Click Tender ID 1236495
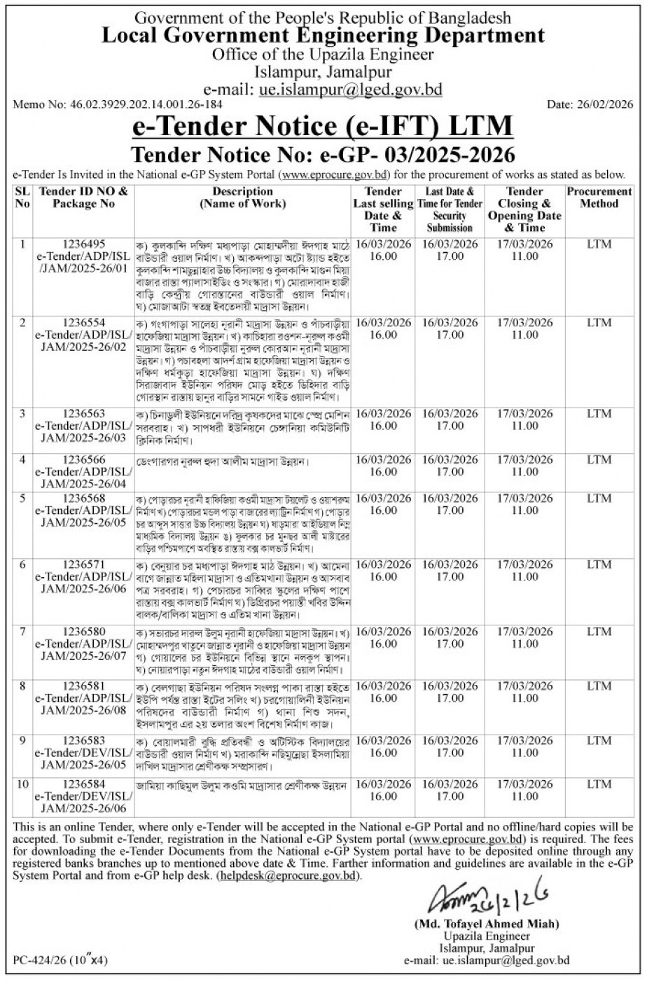pyautogui.click(x=83, y=244)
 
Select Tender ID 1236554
pyautogui.click(x=83, y=323)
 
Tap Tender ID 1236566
pyautogui.click(x=83, y=460)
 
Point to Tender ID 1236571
pyautogui.click(x=83, y=564)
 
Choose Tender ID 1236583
pyautogui.click(x=83, y=741)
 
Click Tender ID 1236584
pyautogui.click(x=83, y=785)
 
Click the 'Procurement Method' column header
pyautogui.click(x=599, y=197)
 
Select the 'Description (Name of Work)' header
pyautogui.click(x=242, y=197)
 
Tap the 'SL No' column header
pyautogui.click(x=22, y=197)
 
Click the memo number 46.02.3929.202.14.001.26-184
pyautogui.click(x=118, y=105)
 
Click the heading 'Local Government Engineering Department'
pyautogui.click(x=323, y=36)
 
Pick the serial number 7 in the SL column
pyautogui.click(x=22, y=632)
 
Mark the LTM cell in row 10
pyautogui.click(x=599, y=785)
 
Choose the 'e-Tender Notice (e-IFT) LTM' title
pyautogui.click(x=323, y=127)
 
